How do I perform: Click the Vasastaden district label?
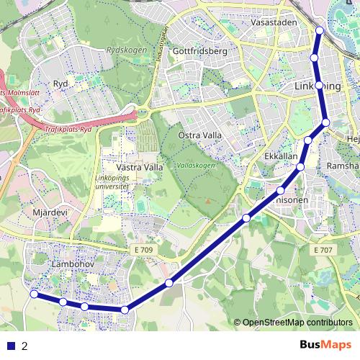point(275,22)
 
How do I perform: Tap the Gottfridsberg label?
point(200,52)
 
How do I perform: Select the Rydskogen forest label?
point(126,50)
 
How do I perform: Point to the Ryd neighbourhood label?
point(60,84)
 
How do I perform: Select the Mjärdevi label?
point(50,213)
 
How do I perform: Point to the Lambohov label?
point(70,265)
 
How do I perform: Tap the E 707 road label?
point(324,249)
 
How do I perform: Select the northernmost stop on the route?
point(319,30)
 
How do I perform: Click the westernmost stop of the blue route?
point(34,294)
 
